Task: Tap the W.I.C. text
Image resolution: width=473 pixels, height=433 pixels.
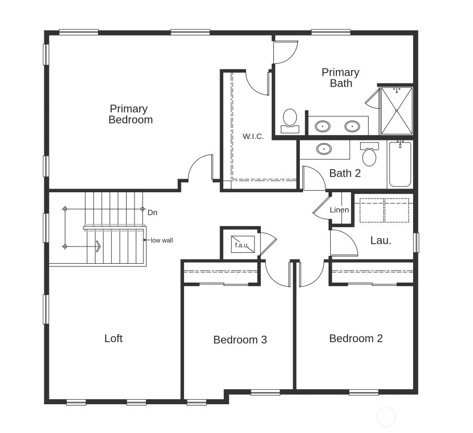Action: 253,136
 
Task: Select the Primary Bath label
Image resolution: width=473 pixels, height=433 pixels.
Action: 341,77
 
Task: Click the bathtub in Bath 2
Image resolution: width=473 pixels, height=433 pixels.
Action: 400,164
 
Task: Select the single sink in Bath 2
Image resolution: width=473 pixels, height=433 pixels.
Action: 324,149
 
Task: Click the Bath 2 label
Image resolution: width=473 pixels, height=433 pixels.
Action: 345,173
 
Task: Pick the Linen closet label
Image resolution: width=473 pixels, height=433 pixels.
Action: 339,210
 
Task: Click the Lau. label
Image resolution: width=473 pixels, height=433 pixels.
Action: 381,240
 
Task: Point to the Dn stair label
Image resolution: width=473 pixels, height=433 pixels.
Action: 152,213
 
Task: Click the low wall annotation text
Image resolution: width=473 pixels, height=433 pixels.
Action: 162,240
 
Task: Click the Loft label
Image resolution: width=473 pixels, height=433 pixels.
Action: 113,338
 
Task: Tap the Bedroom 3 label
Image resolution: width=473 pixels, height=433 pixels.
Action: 240,340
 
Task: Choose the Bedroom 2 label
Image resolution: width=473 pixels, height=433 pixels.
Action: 356,338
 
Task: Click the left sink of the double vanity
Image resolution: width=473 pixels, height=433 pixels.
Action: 323,126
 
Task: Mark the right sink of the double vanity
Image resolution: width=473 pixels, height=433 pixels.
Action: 352,126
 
